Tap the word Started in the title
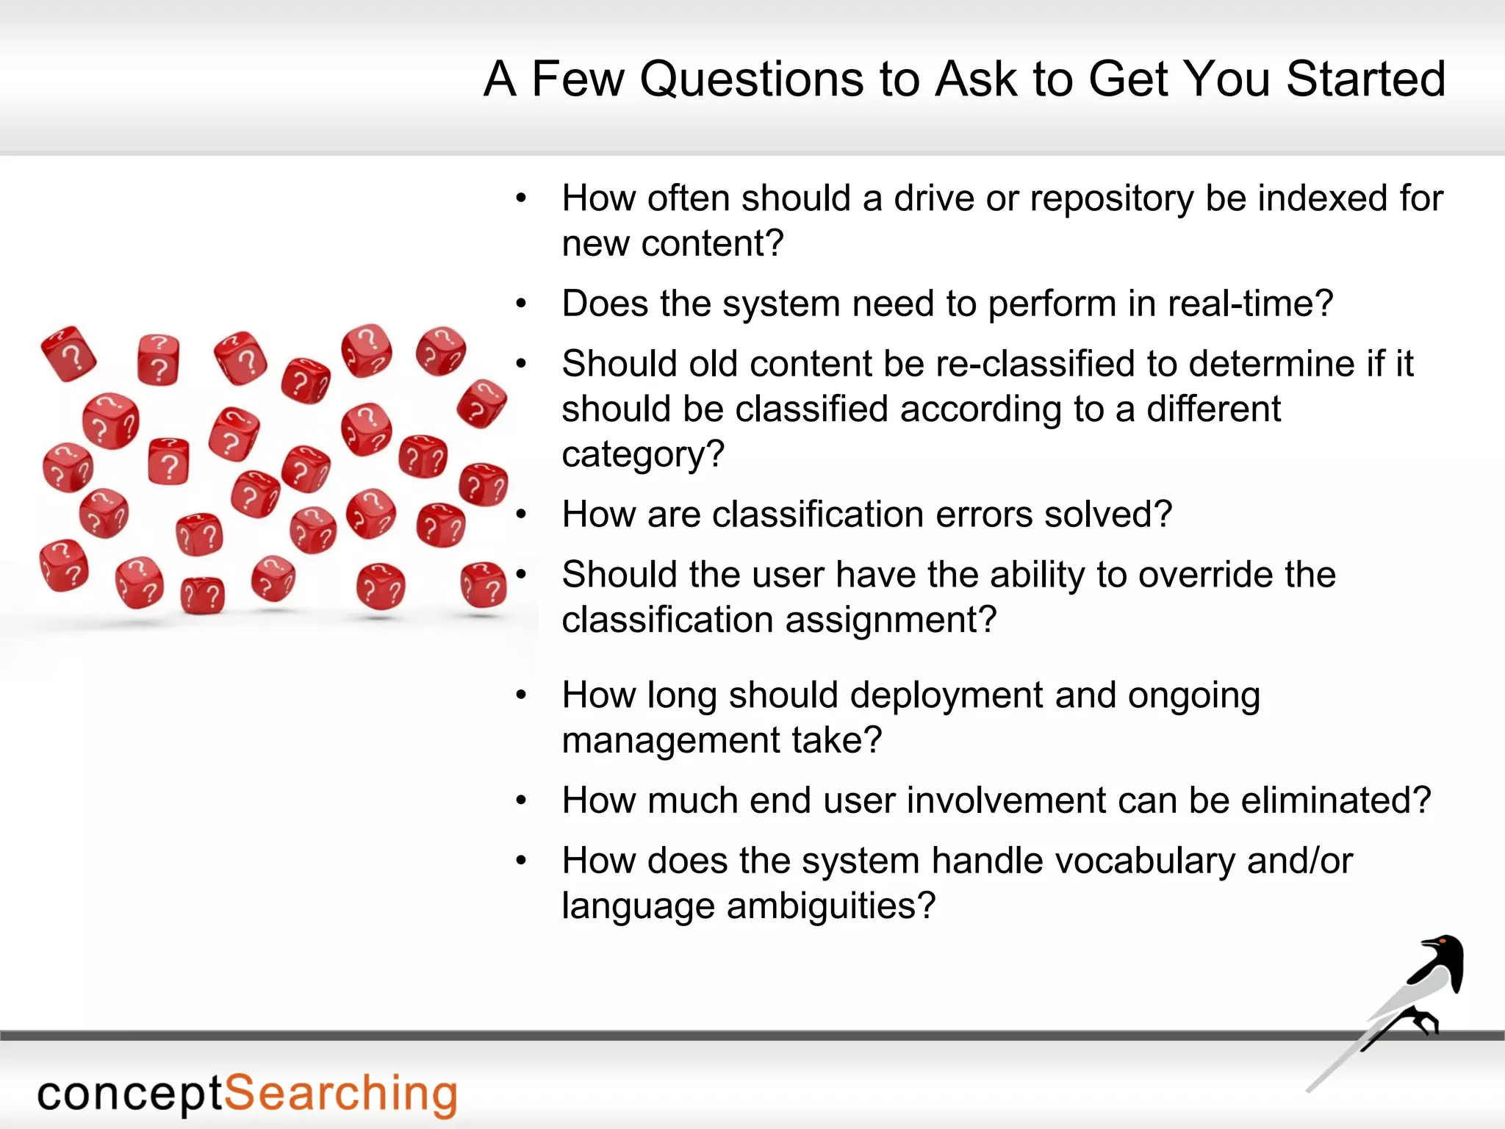pyautogui.click(x=1365, y=79)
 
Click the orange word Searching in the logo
pyautogui.click(x=340, y=1094)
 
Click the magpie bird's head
pyautogui.click(x=1441, y=945)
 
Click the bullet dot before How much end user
pyautogui.click(x=521, y=800)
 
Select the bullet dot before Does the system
pyautogui.click(x=521, y=304)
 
